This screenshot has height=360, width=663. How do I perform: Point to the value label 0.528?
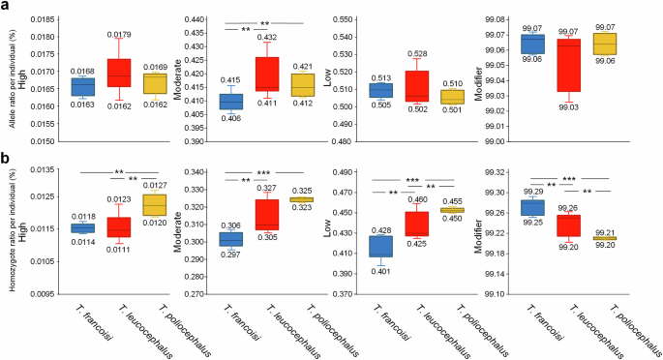point(417,54)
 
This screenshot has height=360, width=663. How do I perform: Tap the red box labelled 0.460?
point(417,225)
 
